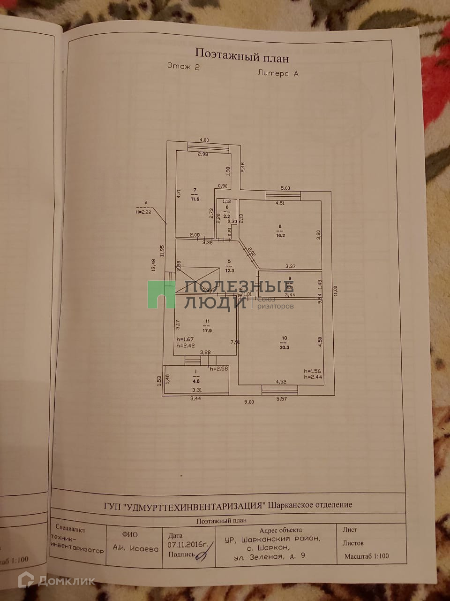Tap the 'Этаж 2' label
[184, 67]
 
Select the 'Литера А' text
[277, 73]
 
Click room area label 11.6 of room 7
[195, 199]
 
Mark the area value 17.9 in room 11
[207, 330]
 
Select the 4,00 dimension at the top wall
[204, 140]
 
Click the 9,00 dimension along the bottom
[248, 402]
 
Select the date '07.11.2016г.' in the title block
[187, 545]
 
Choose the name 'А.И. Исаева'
[135, 547]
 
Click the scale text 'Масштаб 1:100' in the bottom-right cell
[367, 556]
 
